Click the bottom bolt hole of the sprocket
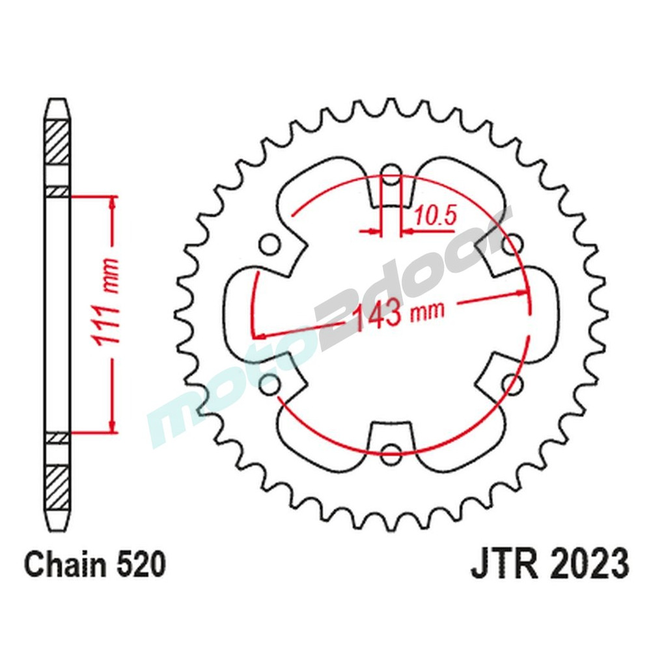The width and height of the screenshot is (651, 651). (390, 454)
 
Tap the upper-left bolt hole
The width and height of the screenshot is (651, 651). (269, 245)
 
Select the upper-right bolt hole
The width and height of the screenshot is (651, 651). (512, 245)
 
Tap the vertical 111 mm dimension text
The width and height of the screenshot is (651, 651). (109, 313)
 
